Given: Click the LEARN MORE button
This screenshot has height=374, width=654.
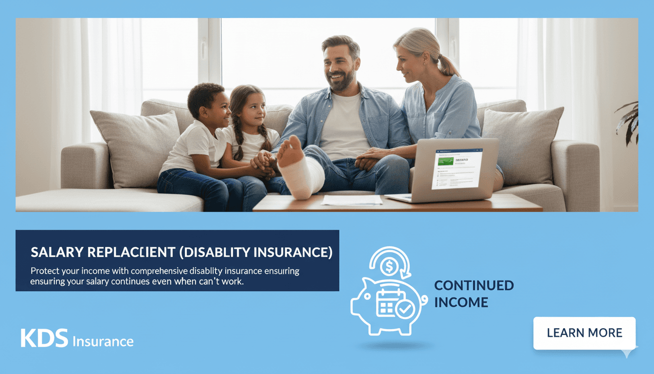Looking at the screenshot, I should coord(584,333).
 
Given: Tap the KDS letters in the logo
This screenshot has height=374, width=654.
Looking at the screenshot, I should coord(44,338).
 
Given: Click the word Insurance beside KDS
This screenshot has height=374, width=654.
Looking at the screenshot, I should coord(103,341).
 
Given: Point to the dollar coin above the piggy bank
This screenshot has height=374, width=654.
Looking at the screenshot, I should coord(389,266).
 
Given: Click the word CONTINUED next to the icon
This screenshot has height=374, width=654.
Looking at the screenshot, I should coord(473,285).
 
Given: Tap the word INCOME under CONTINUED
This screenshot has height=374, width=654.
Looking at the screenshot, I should coord(460,302).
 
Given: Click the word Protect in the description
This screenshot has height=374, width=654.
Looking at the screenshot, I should coord(45,271).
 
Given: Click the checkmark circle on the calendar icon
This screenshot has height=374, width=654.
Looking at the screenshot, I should coord(404,309).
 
